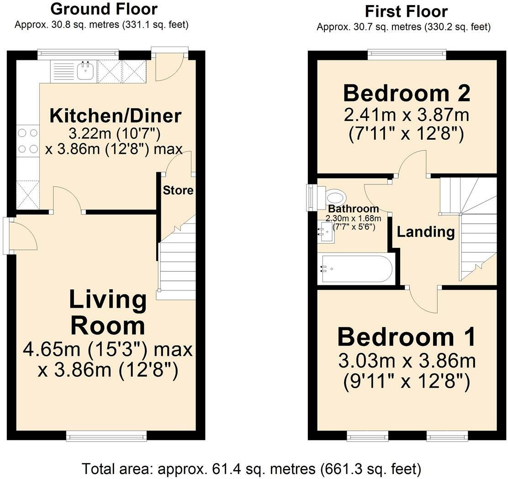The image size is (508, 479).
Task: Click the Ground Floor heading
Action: click(104, 9)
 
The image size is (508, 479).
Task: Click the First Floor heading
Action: click(406, 12)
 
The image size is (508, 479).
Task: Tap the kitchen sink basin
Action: click(86, 71)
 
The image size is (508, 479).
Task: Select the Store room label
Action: click(178, 190)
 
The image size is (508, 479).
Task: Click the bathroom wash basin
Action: click(325, 232)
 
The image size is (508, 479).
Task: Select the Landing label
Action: click(426, 232)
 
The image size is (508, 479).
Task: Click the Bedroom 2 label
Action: click(407, 93)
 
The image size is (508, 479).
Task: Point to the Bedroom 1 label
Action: click(407, 337)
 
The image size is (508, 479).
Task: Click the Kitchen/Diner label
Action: click(115, 116)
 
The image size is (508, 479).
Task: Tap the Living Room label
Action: click(108, 312)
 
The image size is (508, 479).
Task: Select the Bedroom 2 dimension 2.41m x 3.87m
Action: click(407, 115)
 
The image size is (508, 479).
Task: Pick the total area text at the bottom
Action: click(252, 468)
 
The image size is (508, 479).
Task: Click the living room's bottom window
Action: click(106, 436)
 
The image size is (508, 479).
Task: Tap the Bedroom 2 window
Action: click(407, 55)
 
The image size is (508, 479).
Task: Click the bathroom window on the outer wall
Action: click(312, 198)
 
